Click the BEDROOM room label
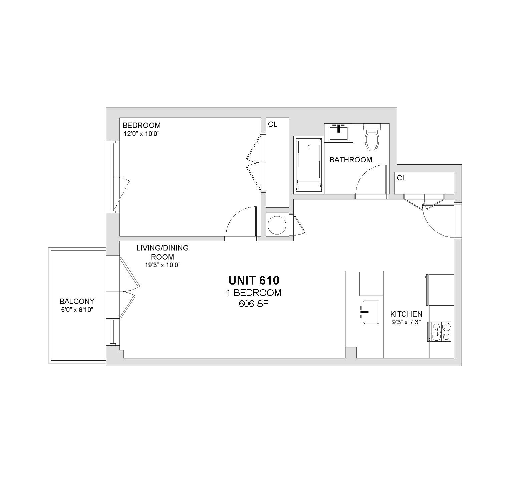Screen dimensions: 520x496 click(142, 125)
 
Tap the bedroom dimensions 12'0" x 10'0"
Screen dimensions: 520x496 click(142, 134)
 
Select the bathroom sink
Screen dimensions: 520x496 click(338, 133)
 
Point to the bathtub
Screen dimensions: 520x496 click(309, 165)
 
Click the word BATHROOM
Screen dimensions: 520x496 click(351, 160)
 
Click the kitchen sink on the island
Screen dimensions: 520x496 click(370, 312)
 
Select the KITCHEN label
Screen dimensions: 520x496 click(406, 314)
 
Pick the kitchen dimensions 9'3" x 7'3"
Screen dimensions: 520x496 click(406, 322)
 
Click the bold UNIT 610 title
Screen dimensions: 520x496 click(254, 280)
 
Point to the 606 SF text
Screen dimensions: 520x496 click(254, 304)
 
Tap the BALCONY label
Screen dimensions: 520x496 click(77, 301)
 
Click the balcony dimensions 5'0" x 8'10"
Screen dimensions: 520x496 click(77, 310)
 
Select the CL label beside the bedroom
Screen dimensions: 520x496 click(273, 125)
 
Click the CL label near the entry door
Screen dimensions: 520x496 click(402, 178)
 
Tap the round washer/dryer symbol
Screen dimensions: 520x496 click(277, 225)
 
